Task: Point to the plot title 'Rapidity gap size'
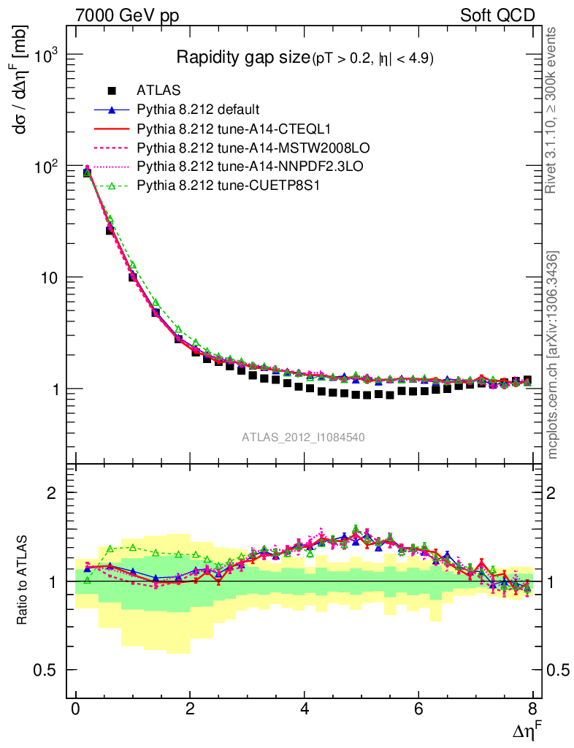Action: [x=243, y=58]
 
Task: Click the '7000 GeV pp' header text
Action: [x=127, y=15]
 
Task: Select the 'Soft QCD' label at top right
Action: [x=497, y=15]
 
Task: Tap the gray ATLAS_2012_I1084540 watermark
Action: [x=304, y=437]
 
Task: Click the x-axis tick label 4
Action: [x=305, y=709]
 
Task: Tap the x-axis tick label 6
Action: [x=418, y=709]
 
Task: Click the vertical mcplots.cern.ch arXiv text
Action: [x=554, y=355]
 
